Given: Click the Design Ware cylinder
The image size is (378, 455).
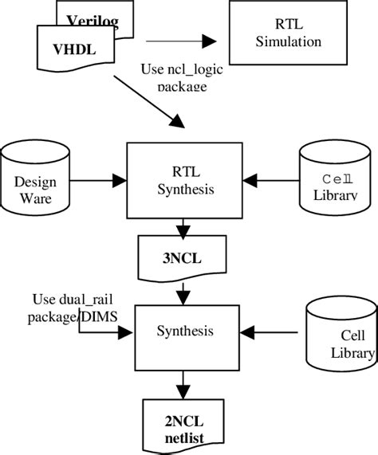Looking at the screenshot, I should (x=35, y=179).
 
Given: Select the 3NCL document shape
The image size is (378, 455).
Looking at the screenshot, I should (x=185, y=257).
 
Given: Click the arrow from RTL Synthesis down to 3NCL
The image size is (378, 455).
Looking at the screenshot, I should (x=185, y=226).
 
